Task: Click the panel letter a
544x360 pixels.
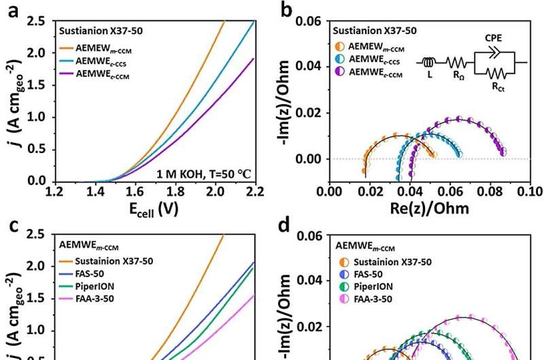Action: [x=9, y=10]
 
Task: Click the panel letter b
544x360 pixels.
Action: [x=286, y=10]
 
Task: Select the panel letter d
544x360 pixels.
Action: [x=286, y=226]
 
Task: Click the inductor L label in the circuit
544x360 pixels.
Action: [x=430, y=75]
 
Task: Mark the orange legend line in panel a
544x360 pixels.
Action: [x=67, y=48]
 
